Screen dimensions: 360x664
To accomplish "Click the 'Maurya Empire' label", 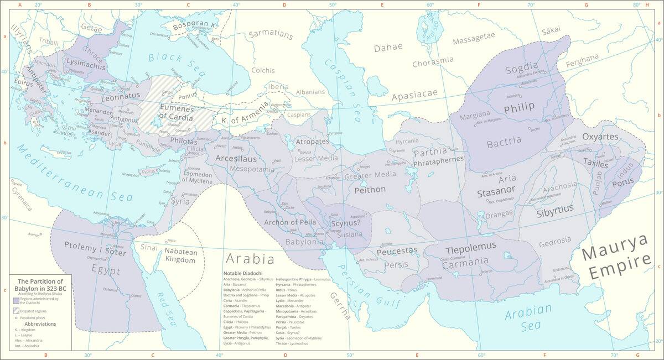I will pyautogui.click(x=616, y=257).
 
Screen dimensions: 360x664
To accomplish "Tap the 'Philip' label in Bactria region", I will pyautogui.click(x=519, y=106).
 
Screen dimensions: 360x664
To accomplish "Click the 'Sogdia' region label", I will pyautogui.click(x=521, y=68).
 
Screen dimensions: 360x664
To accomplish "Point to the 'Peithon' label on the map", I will pyautogui.click(x=370, y=189).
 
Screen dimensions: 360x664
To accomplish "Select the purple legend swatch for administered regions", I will pyautogui.click(x=16, y=301).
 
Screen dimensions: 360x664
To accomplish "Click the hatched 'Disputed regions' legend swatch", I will pyautogui.click(x=16, y=311).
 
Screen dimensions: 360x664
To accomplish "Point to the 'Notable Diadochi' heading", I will pyautogui.click(x=243, y=273).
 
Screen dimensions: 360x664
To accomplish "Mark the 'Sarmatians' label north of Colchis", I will pyautogui.click(x=269, y=34).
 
